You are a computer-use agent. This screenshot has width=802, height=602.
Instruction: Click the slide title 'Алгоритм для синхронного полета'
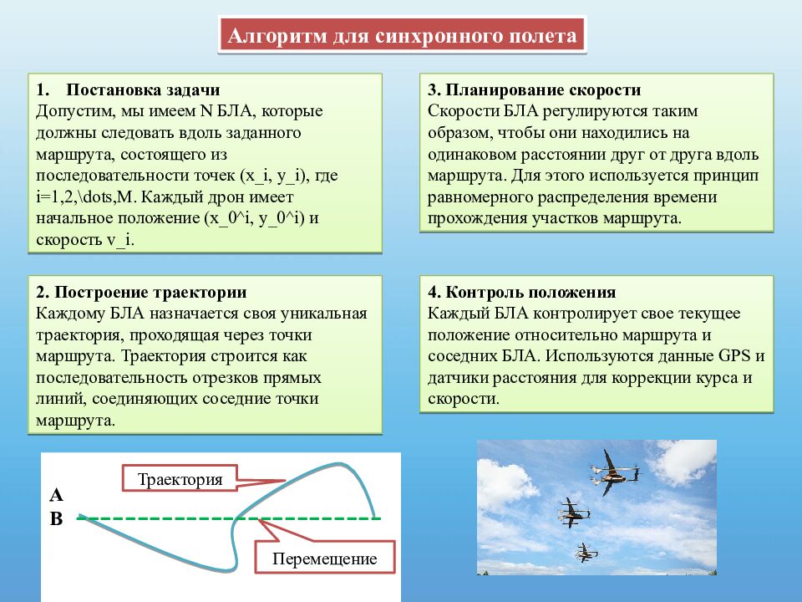coord(402,36)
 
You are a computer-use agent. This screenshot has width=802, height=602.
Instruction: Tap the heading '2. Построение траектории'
coord(141,292)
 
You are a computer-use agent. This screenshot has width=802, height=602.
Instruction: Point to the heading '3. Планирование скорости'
coord(535,90)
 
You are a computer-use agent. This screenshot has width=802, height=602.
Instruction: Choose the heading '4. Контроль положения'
coord(522,292)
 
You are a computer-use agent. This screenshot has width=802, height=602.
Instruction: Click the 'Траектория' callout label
coord(180,479)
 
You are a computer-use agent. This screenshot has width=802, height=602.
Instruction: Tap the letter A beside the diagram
coord(56,495)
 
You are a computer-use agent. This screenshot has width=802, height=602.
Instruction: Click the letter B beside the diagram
coord(56,519)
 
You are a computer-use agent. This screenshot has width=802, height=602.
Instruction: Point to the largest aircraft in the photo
coord(612,473)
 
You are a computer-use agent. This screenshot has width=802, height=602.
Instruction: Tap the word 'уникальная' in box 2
coord(328,314)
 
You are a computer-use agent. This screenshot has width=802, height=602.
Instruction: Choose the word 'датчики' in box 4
coord(458,378)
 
